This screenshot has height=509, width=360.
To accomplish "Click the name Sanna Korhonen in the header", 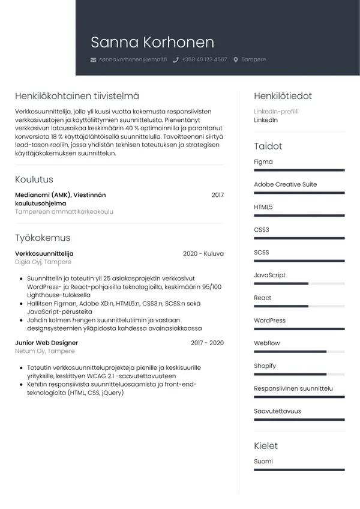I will click(152, 42).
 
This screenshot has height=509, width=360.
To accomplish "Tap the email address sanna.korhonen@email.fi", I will click(133, 59).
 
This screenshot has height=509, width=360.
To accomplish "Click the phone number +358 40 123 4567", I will click(204, 59).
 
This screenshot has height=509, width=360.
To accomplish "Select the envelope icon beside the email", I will click(93, 60).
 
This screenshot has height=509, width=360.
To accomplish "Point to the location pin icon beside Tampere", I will click(236, 60).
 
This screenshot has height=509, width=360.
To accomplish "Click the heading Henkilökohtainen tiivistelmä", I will click(77, 96).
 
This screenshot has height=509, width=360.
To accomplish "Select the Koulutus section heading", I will click(34, 179).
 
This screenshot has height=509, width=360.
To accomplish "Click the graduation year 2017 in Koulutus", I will click(217, 195).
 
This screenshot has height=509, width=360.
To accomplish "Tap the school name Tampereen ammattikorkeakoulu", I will click(64, 212).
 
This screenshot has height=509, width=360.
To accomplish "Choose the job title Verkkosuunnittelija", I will click(44, 254).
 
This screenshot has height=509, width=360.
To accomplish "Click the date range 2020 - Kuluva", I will click(203, 254).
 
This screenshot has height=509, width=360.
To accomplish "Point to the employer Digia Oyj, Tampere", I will click(43, 262).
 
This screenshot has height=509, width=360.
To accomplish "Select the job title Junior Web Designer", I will click(46, 343).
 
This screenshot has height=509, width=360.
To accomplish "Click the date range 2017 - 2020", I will click(207, 343).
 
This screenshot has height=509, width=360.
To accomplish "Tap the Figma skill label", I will click(263, 162).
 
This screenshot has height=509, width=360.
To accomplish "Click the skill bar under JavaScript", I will click(299, 283).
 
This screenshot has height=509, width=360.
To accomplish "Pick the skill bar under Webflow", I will click(299, 351).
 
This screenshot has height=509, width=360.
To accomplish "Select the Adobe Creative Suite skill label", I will click(285, 184).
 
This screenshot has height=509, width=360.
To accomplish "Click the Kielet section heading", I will click(266, 446).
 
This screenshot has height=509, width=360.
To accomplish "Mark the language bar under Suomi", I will click(299, 469).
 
